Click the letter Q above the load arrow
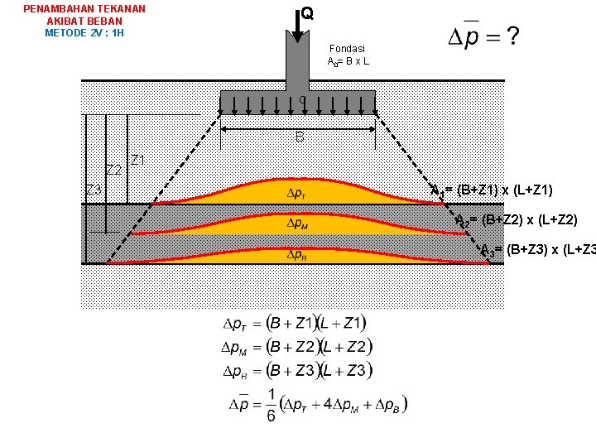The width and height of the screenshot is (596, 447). point(307,14)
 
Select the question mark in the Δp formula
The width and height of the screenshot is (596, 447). point(513,36)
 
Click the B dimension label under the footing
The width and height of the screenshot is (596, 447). point(300,137)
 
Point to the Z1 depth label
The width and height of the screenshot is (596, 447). point(138,160)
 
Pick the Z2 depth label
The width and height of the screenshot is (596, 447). point(114,170)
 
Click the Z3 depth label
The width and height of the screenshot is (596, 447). point(94,190)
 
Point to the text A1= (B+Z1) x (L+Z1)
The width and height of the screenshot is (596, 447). point(492,190)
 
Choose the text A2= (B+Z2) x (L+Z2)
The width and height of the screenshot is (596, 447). point(517,220)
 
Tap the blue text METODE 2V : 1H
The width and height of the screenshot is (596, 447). point(84,33)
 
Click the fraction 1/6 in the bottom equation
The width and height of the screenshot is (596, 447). point(272,404)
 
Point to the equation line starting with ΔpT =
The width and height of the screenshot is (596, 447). point(296,323)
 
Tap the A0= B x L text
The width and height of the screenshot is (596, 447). point(348,62)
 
